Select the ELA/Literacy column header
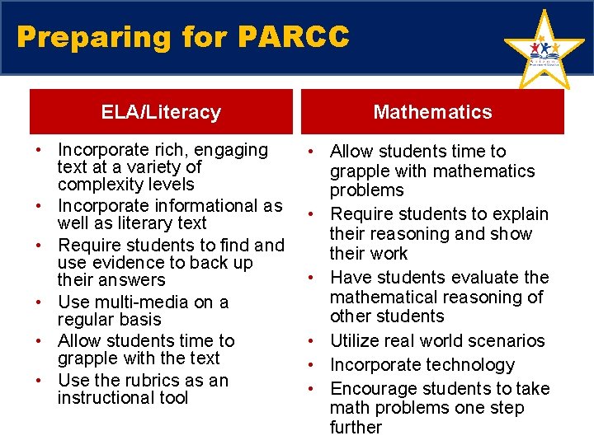(x=161, y=112)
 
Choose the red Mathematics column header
(x=432, y=112)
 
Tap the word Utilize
(x=355, y=340)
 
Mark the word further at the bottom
(x=356, y=427)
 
